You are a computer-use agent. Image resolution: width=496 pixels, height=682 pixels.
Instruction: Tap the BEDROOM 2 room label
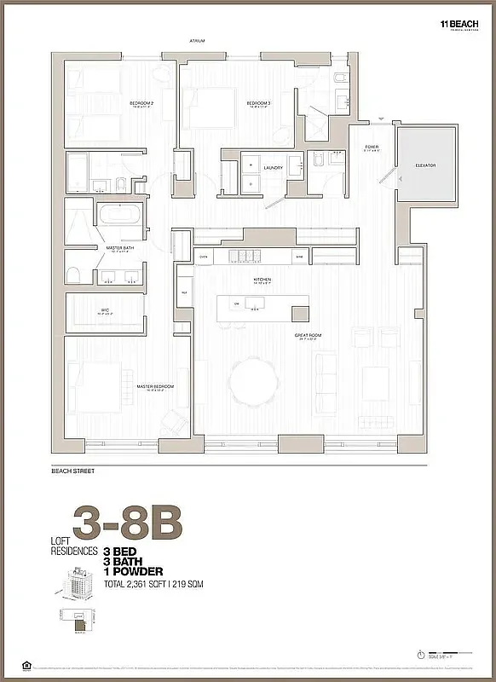(x=141, y=103)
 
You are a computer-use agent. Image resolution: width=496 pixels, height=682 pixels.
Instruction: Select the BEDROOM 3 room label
(x=258, y=103)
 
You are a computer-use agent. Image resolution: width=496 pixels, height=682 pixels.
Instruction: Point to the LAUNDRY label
(x=273, y=168)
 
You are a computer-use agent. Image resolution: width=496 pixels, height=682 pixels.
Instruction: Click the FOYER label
(x=372, y=147)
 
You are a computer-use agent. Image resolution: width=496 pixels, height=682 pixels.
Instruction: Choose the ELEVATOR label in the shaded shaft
(x=426, y=165)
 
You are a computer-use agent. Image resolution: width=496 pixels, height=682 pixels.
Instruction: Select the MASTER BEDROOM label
(x=154, y=386)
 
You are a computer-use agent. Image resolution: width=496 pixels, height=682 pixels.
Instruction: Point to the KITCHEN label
(x=262, y=280)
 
